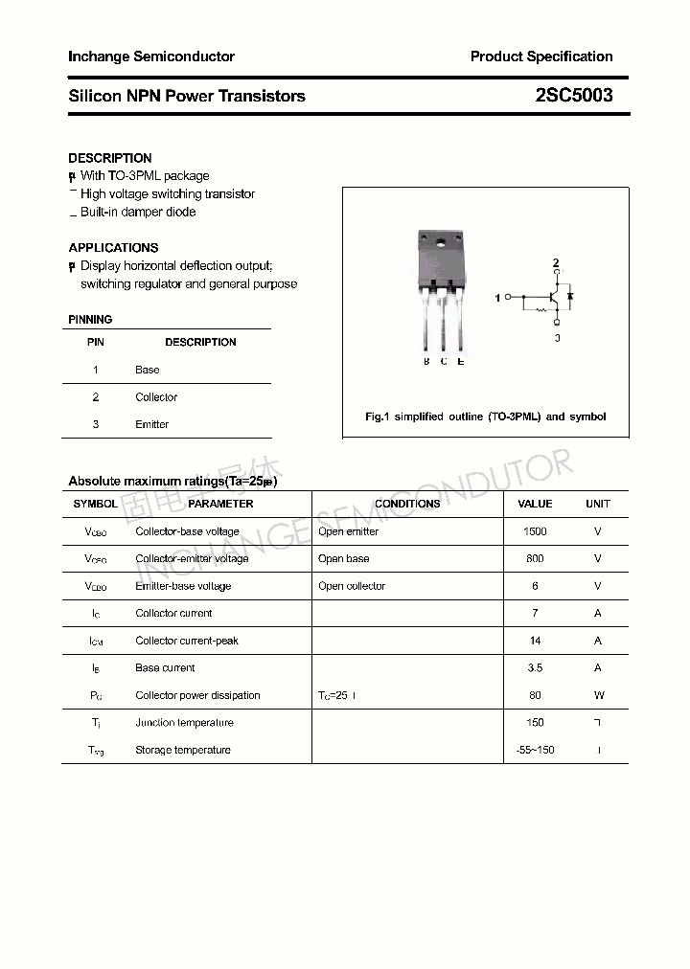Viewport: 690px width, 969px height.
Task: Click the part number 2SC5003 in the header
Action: [574, 96]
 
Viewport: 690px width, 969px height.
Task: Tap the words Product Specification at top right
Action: [540, 56]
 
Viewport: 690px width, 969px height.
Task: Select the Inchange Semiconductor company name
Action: [151, 56]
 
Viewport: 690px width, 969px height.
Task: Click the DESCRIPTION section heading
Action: [110, 158]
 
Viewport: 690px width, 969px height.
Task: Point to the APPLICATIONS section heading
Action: [113, 247]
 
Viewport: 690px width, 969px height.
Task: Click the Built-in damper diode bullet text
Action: [138, 212]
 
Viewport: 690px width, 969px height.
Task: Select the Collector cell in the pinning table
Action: [156, 396]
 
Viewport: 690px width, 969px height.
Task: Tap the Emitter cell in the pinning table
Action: [152, 424]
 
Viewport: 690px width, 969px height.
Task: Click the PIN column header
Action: [96, 342]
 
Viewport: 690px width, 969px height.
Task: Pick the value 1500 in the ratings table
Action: [535, 531]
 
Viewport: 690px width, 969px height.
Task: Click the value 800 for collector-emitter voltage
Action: [535, 558]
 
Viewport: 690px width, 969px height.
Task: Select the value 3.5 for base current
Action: [535, 667]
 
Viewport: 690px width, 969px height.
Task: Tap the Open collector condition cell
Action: [352, 586]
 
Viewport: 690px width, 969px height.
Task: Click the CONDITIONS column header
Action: [407, 504]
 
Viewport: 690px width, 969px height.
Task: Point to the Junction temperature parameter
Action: [184, 722]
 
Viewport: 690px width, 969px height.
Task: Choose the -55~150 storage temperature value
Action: [535, 750]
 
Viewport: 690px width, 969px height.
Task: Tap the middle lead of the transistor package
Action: [444, 326]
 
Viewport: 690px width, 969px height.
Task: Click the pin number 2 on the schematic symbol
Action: [556, 262]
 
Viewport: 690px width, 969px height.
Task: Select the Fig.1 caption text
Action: [486, 417]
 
